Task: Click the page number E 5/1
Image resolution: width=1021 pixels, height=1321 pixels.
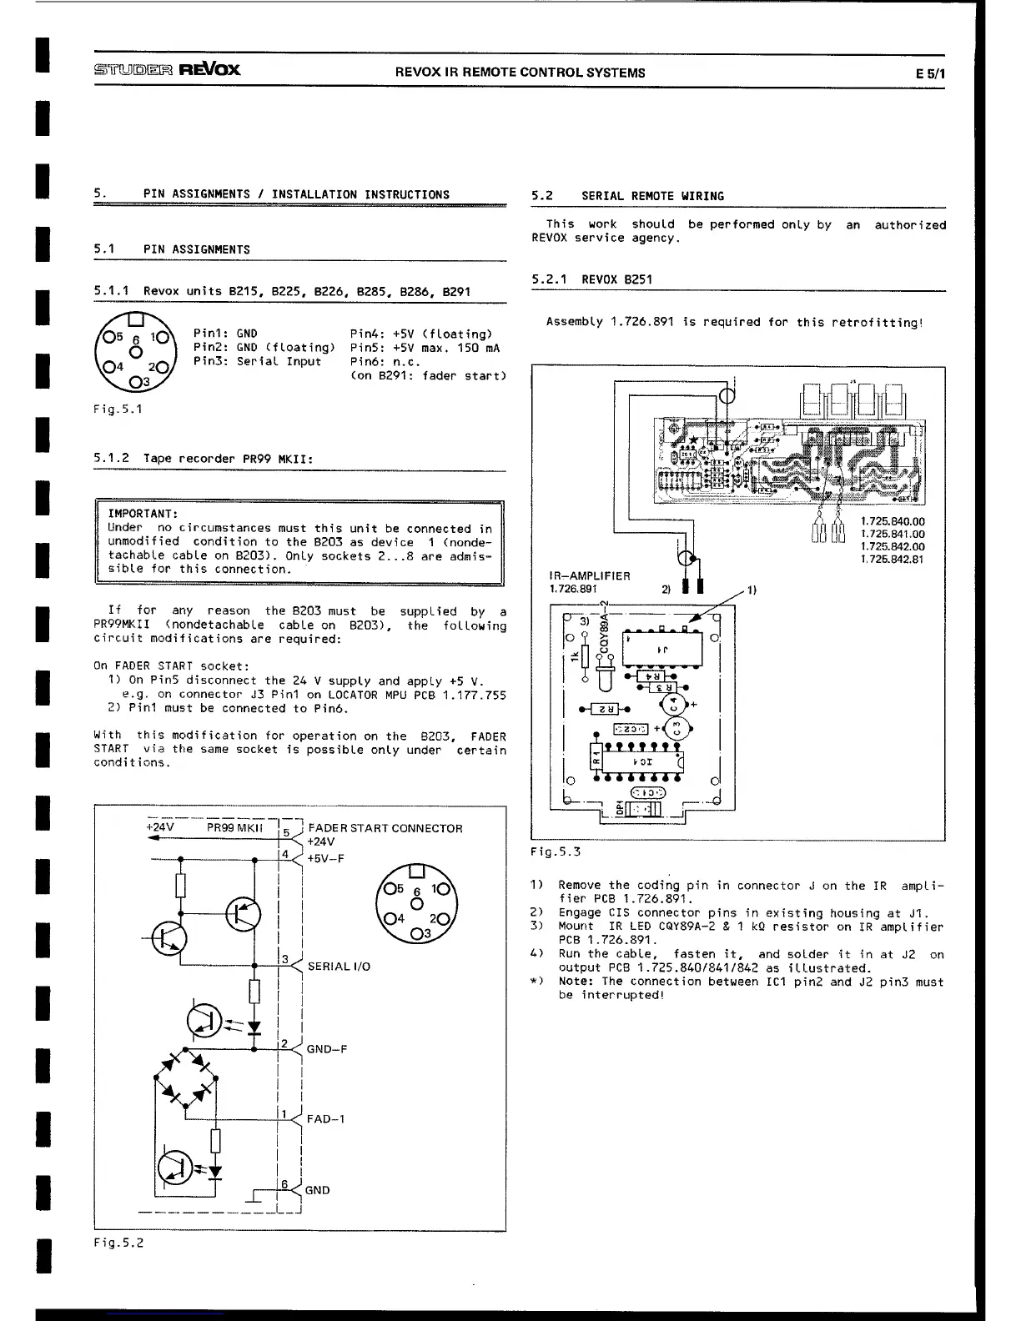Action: coord(930,73)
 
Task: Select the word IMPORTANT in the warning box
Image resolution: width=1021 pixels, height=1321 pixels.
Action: coord(143,514)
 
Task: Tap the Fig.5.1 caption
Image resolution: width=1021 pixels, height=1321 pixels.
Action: coord(118,409)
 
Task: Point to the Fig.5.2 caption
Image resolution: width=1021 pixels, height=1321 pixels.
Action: coord(118,1243)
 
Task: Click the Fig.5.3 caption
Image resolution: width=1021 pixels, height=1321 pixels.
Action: coord(556,851)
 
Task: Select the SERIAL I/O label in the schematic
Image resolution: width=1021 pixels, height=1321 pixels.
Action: coord(339,967)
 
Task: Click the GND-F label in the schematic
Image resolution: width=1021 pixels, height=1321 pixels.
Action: coord(327,1049)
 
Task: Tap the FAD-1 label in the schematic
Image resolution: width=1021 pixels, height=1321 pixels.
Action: coord(325,1119)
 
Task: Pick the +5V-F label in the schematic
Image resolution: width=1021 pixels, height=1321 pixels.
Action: coord(325,858)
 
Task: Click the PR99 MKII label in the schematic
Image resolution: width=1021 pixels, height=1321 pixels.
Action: coord(234,828)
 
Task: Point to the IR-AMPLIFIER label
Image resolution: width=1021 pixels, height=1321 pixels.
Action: coord(590,576)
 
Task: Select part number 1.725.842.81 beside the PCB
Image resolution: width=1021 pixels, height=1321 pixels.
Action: coord(893,560)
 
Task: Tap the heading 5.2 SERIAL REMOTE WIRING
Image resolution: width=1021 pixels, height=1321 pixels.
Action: coord(627,196)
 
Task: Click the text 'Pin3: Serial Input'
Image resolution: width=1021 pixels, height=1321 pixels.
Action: coord(257,362)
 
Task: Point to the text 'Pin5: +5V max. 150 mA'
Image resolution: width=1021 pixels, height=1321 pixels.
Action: coord(425,348)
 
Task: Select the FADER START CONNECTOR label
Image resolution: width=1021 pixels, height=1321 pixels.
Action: coord(385,828)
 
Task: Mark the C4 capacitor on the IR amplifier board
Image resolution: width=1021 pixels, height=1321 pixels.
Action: coord(675,704)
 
